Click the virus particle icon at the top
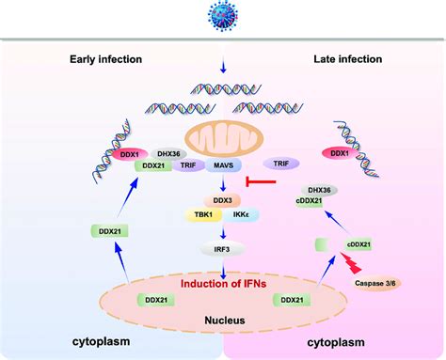(x=222, y=17)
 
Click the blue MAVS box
(x=223, y=164)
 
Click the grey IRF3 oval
(x=223, y=247)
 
